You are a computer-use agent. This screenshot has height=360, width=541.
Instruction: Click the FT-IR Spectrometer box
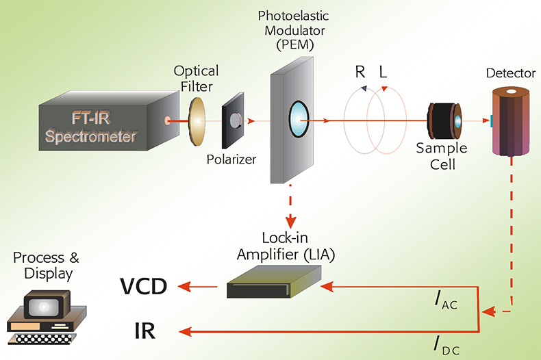click(x=103, y=123)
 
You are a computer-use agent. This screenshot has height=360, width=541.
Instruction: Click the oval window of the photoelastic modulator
click(x=299, y=118)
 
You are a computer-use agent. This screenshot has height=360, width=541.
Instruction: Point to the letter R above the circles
click(x=360, y=73)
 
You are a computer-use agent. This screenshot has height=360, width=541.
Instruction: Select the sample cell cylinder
click(x=444, y=121)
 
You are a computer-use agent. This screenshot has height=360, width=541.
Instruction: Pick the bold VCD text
click(x=144, y=287)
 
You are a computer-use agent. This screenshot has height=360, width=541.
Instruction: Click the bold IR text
click(x=144, y=332)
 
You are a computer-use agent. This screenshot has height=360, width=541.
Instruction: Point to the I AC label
click(x=444, y=302)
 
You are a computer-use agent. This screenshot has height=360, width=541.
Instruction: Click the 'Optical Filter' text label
click(x=196, y=79)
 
